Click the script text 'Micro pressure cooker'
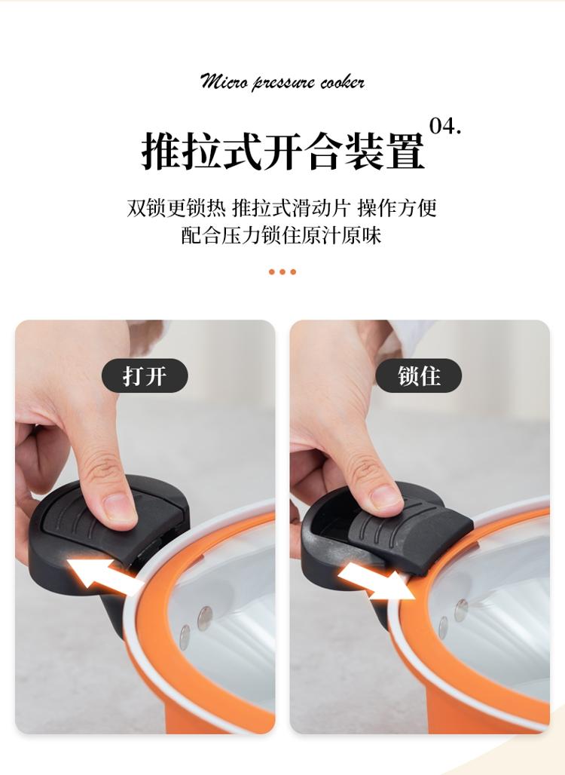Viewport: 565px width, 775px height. (282, 81)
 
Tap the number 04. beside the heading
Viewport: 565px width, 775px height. (445, 126)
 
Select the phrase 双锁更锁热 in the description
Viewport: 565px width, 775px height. (176, 208)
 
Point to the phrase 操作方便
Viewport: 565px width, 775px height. (398, 208)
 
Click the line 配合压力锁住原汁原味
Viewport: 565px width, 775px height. (282, 235)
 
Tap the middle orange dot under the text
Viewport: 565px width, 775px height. (282, 272)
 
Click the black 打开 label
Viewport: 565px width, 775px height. (145, 375)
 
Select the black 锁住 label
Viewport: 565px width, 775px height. (418, 375)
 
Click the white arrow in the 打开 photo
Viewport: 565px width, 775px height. (104, 577)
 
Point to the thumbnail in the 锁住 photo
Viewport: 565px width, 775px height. (385, 499)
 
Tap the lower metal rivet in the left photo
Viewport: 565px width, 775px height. (185, 636)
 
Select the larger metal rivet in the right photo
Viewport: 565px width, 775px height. (461, 611)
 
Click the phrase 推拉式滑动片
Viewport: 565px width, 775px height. (292, 208)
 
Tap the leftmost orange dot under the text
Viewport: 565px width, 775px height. (272, 272)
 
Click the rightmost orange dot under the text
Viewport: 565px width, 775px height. (293, 272)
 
